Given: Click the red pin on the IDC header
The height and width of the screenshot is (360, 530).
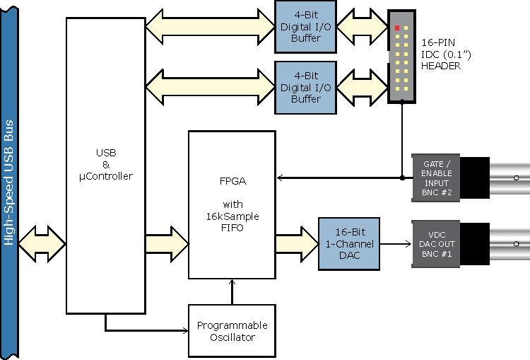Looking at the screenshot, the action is pos(397,28).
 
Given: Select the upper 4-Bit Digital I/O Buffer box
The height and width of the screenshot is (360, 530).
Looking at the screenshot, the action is pos(305,27).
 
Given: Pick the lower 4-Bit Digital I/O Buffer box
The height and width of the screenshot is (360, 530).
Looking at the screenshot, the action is pos(305,88).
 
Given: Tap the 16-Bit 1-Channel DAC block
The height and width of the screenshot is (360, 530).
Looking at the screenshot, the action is pos(349,243).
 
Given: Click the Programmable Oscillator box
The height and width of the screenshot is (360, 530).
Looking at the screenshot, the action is pos(232,330).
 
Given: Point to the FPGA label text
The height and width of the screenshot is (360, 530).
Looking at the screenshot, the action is pos(233,181).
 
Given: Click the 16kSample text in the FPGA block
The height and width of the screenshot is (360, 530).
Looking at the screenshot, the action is pos(233,216).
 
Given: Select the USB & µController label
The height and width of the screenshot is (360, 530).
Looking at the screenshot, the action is pos(106,165).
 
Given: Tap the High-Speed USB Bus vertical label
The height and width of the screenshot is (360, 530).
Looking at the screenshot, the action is pos(8,182).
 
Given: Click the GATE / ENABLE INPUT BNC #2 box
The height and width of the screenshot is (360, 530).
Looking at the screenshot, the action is pos(436,178).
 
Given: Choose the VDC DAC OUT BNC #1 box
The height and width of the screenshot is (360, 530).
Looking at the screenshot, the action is pos(436,244).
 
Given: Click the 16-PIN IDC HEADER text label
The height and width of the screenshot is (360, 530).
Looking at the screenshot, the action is pos(446,54).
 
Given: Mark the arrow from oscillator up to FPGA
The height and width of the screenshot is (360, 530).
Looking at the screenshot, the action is pos(232,291).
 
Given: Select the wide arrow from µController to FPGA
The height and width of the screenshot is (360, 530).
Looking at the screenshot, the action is pos(167,244).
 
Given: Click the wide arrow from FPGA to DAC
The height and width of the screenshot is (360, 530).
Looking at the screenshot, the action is pos(297,244).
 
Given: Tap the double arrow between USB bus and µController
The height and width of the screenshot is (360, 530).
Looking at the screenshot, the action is pos(42,244).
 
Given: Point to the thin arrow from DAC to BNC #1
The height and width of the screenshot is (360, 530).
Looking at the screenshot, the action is pos(396,243).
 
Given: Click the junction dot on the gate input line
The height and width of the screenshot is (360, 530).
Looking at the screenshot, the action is pos(402,178).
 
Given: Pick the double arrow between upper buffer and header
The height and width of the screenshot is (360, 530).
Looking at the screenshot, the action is pos(363,27).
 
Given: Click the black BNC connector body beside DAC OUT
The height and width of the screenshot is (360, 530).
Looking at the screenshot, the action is pos(475,244).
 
